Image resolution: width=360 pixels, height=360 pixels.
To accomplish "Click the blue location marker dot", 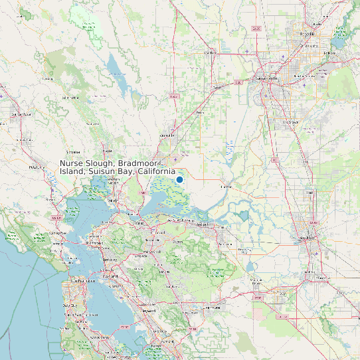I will tap(179, 179).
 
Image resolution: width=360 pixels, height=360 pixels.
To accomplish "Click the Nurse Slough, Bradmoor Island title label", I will tap(118, 167).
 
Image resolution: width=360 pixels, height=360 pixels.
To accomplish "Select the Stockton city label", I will tap(306, 237).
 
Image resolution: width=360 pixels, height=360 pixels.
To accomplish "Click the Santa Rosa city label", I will tap(17, 114).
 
